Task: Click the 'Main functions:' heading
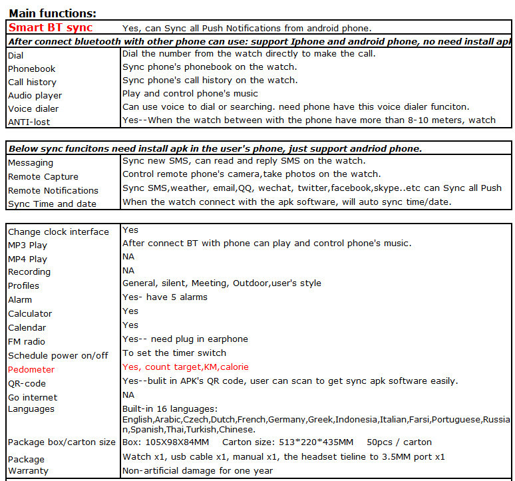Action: (53, 13)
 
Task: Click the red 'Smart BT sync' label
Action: (51, 28)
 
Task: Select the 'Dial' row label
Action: (16, 56)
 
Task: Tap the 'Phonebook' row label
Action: (32, 69)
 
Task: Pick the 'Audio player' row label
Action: (35, 95)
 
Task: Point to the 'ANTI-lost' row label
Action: (29, 122)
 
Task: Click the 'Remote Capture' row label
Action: (43, 176)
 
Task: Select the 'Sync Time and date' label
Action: (53, 204)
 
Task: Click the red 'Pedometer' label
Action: (31, 369)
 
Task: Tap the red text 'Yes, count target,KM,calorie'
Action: (186, 367)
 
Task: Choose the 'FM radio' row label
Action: (27, 341)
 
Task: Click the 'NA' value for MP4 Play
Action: (128, 256)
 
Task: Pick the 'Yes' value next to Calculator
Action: (130, 311)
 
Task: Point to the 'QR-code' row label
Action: (27, 383)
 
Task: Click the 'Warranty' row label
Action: (27, 471)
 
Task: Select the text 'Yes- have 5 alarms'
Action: (165, 297)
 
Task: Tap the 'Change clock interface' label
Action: (59, 232)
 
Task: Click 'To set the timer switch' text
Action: (174, 353)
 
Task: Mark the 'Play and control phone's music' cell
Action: (190, 93)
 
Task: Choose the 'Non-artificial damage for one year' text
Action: (198, 470)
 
